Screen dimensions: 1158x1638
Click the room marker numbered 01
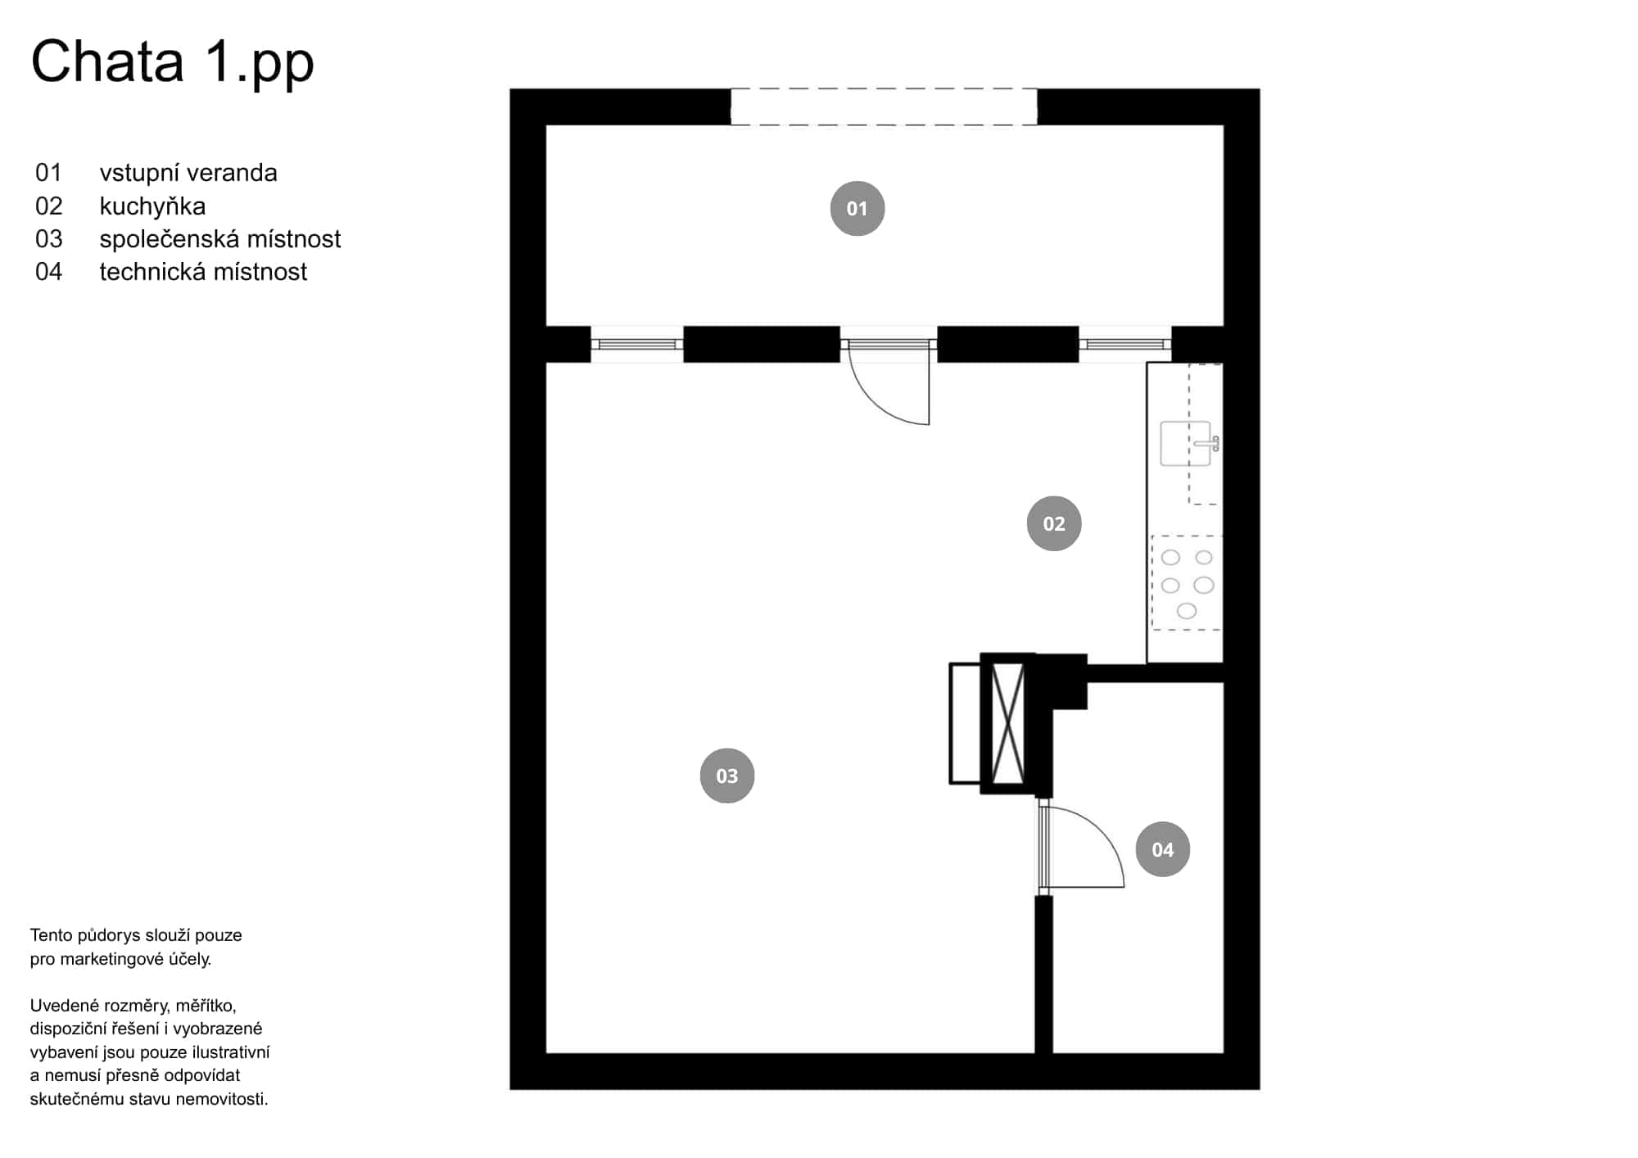click(x=857, y=209)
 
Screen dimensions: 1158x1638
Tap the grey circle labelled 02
click(x=1053, y=523)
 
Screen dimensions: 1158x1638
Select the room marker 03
click(x=726, y=776)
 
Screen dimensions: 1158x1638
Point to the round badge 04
click(x=1162, y=849)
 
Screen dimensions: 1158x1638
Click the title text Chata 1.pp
click(x=172, y=61)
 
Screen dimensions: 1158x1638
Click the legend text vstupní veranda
click(x=188, y=173)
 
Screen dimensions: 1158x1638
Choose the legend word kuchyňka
click(x=152, y=206)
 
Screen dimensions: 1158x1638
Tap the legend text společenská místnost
click(x=219, y=239)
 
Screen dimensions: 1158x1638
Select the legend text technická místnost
click(x=203, y=272)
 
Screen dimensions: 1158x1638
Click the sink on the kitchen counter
click(x=1185, y=444)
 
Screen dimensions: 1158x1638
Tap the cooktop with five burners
click(x=1187, y=583)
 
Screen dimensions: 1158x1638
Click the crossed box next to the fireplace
click(x=1007, y=723)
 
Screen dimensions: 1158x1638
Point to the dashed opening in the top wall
click(x=884, y=106)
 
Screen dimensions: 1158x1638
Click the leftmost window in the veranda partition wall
click(x=636, y=345)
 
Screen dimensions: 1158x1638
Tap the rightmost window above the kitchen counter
click(x=1124, y=345)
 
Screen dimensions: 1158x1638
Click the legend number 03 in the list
click(x=48, y=239)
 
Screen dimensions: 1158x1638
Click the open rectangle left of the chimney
click(x=965, y=723)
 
